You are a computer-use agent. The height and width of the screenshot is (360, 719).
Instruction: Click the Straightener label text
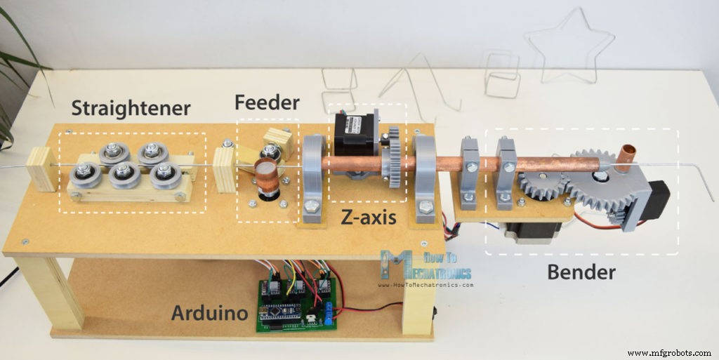coord(131,108)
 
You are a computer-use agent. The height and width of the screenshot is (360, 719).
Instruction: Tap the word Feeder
coord(267,102)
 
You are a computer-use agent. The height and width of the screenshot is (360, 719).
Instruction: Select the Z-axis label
coord(367,218)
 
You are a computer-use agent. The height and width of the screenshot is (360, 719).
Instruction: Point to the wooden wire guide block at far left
coord(41,168)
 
